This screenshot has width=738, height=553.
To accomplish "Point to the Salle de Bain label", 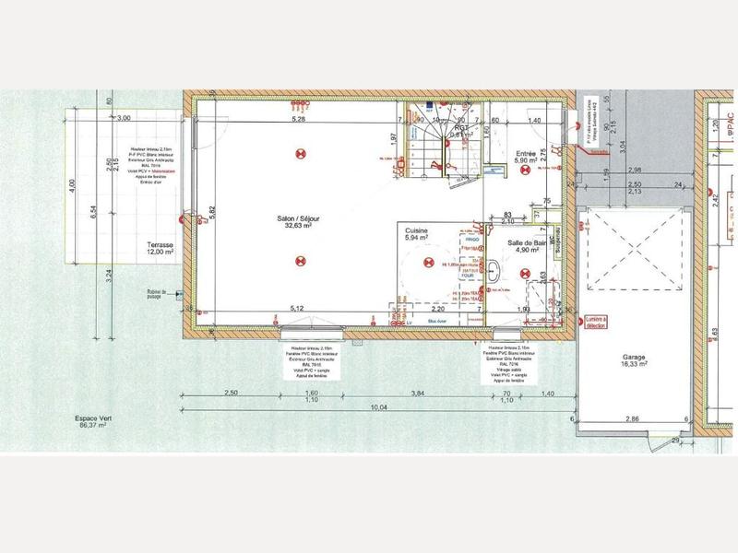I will click(x=527, y=244).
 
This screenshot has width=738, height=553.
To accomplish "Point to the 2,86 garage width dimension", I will click(x=632, y=419).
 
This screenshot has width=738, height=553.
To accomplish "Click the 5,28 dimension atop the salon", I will click(x=298, y=120).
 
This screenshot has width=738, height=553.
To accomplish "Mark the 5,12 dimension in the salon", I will click(x=298, y=307).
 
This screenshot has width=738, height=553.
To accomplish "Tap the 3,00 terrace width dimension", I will click(x=125, y=118).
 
